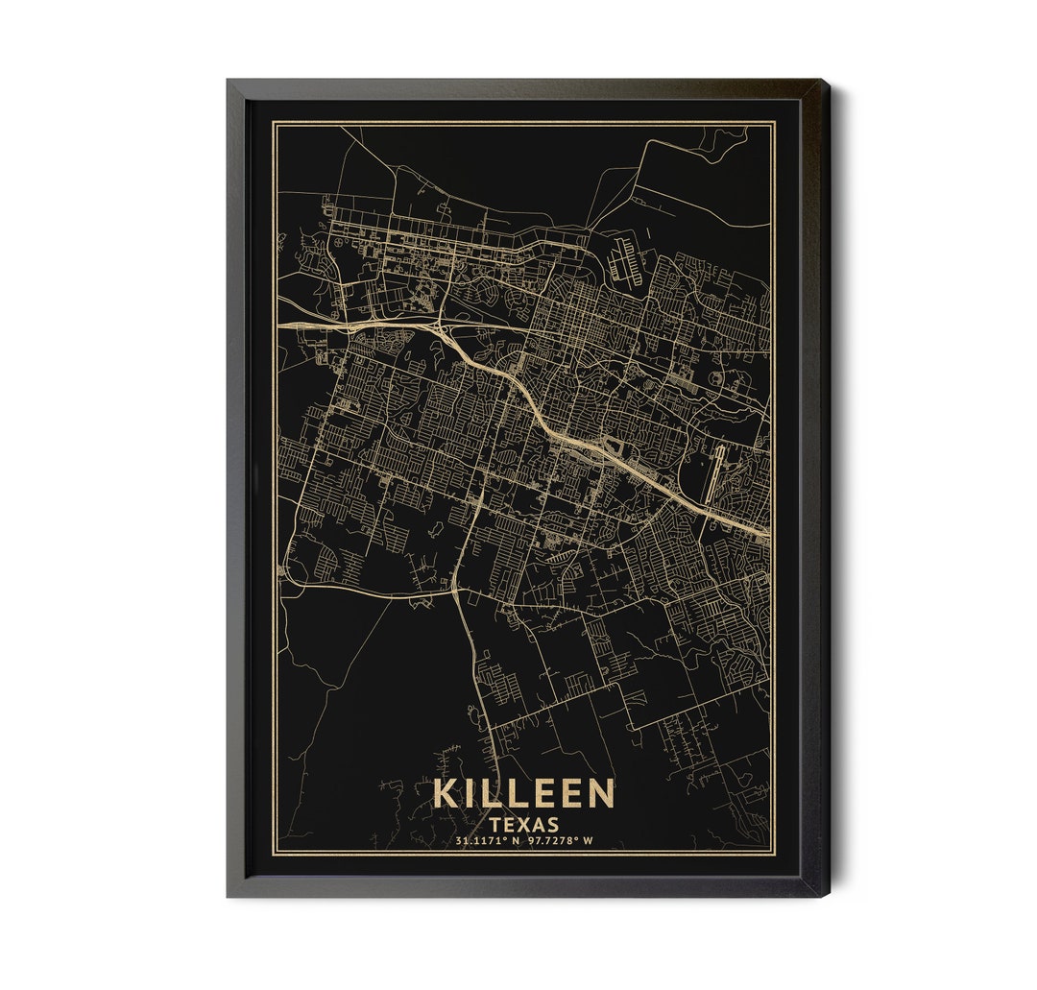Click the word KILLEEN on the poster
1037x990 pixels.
coord(523,794)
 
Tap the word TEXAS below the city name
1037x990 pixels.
coord(524,824)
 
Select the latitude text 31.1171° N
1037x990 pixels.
coord(488,841)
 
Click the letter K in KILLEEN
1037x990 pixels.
coord(446,794)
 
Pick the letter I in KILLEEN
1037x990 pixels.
coord(470,794)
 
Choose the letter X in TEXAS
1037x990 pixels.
coord(524,824)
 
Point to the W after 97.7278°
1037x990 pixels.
coord(589,841)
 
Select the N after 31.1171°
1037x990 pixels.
coord(515,841)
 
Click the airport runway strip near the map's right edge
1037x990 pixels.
coord(711,473)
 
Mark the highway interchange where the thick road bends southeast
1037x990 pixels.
coord(445,332)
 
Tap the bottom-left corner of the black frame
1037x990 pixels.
coord(229,895)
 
